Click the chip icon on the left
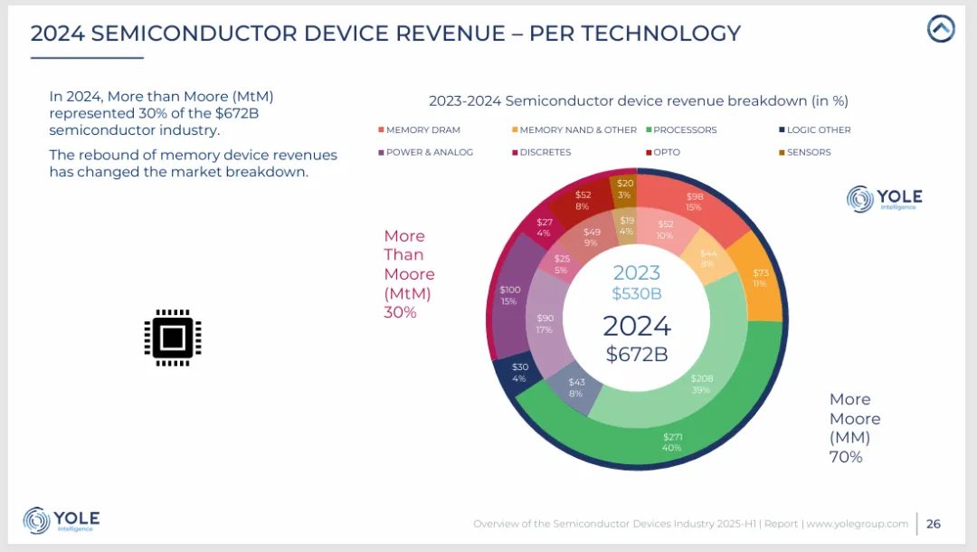[x=173, y=338]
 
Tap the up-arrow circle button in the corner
[x=941, y=29]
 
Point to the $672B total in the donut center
[x=637, y=354]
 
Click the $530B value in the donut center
[x=636, y=293]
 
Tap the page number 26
[x=934, y=524]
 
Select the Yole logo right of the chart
[x=884, y=199]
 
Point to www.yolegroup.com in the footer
[x=858, y=524]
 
